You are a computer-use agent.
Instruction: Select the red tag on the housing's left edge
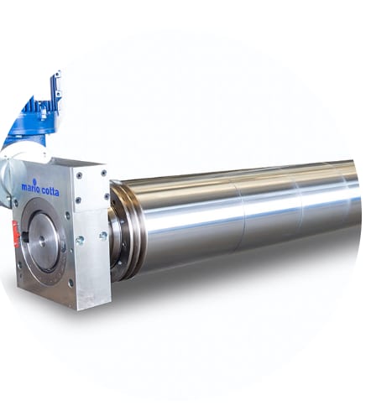tap(15, 234)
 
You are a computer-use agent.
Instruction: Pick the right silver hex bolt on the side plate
tap(102, 236)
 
